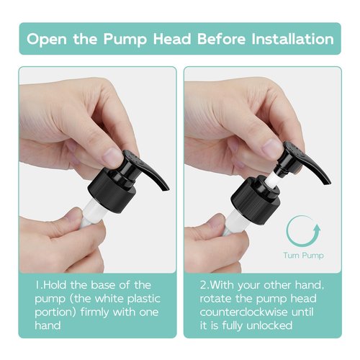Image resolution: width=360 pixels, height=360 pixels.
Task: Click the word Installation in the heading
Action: pyautogui.click(x=292, y=39)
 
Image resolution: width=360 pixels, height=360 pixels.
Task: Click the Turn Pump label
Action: pyautogui.click(x=303, y=256)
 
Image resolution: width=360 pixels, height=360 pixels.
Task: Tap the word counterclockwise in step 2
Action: pyautogui.click(x=243, y=312)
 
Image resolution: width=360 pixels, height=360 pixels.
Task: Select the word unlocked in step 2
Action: pyautogui.click(x=269, y=325)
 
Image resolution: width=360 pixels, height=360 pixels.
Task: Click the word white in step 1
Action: pyautogui.click(x=110, y=299)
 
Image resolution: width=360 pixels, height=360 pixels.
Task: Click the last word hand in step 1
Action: pyautogui.click(x=48, y=325)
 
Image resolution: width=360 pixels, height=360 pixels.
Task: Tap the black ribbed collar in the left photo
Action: pyautogui.click(x=112, y=191)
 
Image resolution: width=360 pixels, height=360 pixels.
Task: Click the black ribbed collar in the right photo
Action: pyautogui.click(x=256, y=200)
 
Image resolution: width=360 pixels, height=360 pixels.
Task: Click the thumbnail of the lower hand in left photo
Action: pyautogui.click(x=73, y=215)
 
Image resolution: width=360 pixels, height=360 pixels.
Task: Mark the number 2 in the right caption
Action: pyautogui.click(x=203, y=285)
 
